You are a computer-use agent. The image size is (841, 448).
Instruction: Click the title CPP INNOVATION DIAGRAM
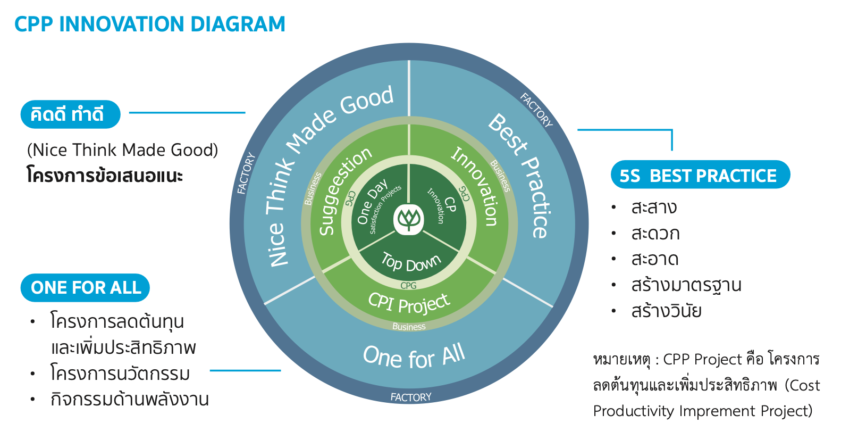click(149, 24)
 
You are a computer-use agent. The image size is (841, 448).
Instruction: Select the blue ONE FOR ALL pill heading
click(85, 288)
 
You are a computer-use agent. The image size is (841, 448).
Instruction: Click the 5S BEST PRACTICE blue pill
click(700, 175)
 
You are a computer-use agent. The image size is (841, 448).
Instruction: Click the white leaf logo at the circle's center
click(409, 219)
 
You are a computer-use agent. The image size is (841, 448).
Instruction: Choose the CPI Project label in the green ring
click(409, 303)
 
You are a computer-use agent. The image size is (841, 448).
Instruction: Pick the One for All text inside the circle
click(414, 355)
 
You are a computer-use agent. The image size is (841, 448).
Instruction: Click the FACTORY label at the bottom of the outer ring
click(411, 397)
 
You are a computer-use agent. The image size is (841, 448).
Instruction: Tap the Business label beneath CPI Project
click(409, 326)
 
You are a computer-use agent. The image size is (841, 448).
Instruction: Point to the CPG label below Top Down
click(408, 286)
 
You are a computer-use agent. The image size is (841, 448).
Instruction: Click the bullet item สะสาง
click(654, 208)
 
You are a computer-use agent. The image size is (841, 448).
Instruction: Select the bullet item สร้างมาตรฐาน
click(686, 285)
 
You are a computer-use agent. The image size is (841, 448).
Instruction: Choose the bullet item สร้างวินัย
click(666, 311)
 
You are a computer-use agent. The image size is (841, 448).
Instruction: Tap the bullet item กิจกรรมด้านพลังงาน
click(130, 399)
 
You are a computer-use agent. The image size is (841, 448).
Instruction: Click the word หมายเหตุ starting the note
click(621, 360)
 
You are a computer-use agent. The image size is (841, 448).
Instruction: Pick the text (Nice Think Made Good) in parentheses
click(122, 150)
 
